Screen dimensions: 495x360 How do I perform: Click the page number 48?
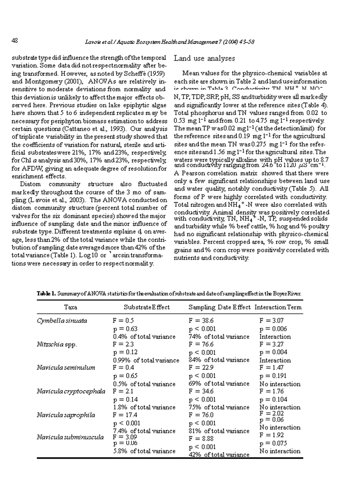point(15,41)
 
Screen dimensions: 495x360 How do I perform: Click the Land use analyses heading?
point(205,58)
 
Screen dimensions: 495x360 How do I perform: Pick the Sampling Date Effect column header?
point(219,307)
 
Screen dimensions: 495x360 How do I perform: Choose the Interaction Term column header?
point(278,307)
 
